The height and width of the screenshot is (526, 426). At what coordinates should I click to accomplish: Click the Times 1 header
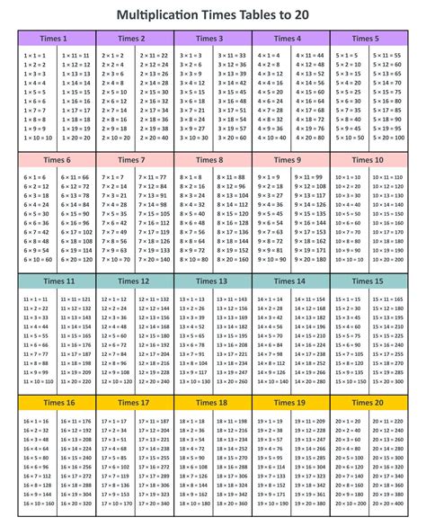click(52, 39)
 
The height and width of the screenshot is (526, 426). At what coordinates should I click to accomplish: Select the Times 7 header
click(131, 160)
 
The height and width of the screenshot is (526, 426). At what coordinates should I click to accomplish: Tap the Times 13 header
click(209, 281)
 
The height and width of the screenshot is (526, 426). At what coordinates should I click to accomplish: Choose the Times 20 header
click(367, 402)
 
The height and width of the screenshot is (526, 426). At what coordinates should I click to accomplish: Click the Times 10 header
click(367, 160)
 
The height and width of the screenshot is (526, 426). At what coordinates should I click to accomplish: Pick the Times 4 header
click(288, 39)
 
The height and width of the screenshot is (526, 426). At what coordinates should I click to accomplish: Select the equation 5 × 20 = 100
click(387, 138)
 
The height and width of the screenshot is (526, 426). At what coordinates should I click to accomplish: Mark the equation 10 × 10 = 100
click(347, 259)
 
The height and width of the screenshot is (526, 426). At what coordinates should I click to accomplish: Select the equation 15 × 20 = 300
click(387, 380)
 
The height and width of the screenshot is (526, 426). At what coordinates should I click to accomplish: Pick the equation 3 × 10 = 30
click(191, 138)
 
